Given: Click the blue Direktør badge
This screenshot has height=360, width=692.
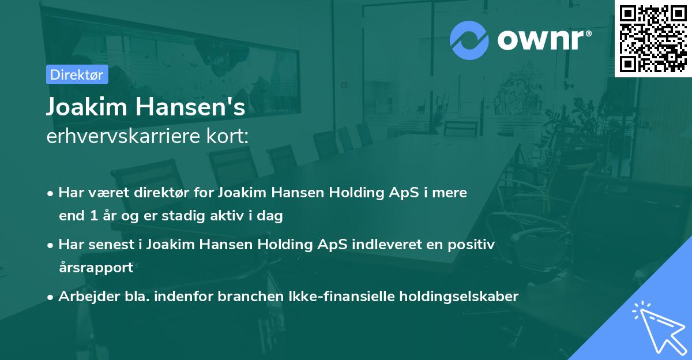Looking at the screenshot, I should point(77,74).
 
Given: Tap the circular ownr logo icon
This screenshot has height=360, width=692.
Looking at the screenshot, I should point(469,40).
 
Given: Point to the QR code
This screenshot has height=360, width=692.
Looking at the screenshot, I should point(653,39).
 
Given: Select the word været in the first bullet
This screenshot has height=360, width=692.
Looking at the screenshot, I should point(101,193).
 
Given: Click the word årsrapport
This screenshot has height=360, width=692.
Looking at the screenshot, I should point(96,268).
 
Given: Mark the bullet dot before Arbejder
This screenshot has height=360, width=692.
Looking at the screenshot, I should point(51,297).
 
